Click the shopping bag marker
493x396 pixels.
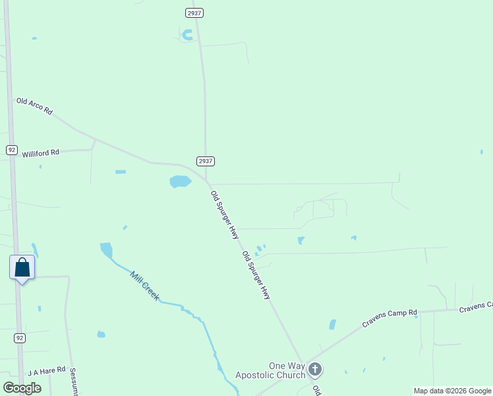pyautogui.click(x=22, y=268)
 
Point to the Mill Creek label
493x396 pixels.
pyautogui.click(x=144, y=286)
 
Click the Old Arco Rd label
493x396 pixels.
pyautogui.click(x=34, y=106)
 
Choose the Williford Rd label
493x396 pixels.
pyautogui.click(x=41, y=153)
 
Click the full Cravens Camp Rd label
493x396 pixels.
pyautogui.click(x=390, y=319)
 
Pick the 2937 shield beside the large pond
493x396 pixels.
pyautogui.click(x=206, y=161)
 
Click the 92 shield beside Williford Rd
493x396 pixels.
pyautogui.click(x=12, y=150)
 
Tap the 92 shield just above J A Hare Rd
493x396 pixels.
pyautogui.click(x=20, y=338)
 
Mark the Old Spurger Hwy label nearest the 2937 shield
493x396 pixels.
pyautogui.click(x=224, y=214)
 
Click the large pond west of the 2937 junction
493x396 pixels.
pyautogui.click(x=180, y=181)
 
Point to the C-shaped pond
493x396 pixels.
pyautogui.click(x=187, y=35)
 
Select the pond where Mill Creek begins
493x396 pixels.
pyautogui.click(x=105, y=250)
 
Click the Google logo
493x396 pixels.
pyautogui.click(x=22, y=388)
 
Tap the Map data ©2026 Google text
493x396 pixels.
pyautogui.click(x=452, y=391)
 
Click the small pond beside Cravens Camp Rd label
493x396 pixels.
pyautogui.click(x=332, y=325)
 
